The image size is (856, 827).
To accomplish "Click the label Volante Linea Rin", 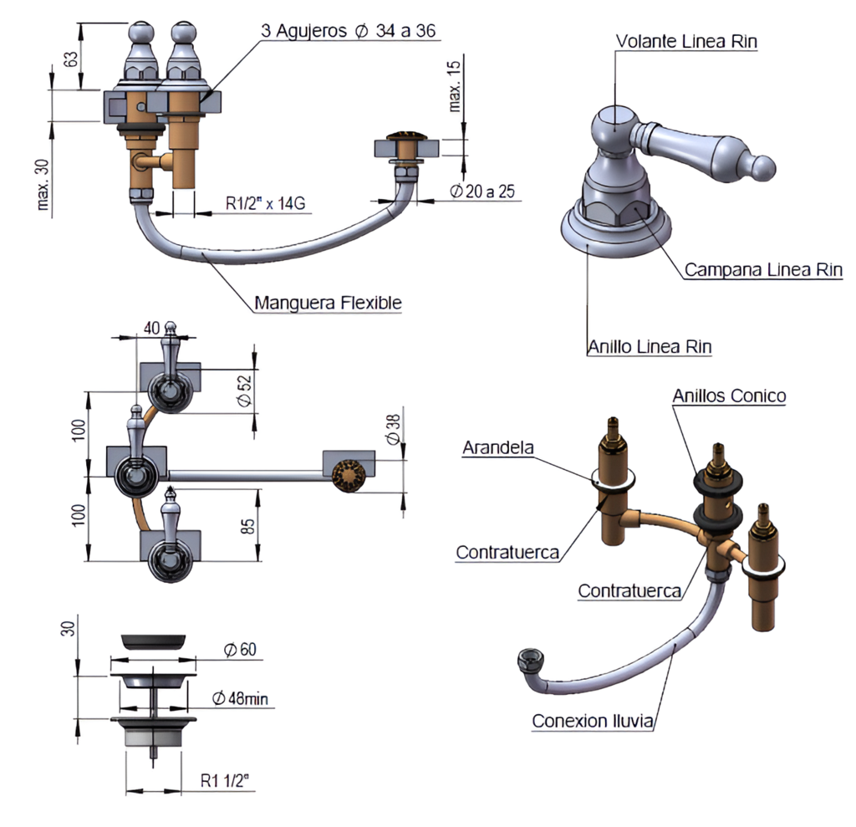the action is point(686,42).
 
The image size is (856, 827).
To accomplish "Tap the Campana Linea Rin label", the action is point(763,270).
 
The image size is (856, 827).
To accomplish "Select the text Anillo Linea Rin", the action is point(650,347).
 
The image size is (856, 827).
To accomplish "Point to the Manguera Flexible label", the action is point(328,303).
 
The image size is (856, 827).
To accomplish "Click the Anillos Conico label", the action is point(729,396).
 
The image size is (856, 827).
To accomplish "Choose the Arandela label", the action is point(498,448).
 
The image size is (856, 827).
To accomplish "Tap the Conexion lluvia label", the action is point(593,721).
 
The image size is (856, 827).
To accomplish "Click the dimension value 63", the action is point(71,59).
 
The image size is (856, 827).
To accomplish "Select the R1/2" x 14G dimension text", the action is point(265,204).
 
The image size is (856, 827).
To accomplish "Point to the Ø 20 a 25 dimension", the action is point(482,191).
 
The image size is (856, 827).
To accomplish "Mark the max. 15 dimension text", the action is point(454,86).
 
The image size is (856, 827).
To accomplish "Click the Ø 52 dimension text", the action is point(245,390).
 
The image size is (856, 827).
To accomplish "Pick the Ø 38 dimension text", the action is point(393,429).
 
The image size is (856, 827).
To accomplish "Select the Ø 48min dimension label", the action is point(240,698).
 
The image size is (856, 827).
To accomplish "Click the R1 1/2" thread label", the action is point(225,780).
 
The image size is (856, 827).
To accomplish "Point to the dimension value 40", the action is point(152,328).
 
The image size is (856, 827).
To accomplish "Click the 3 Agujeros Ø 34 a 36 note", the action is point(349,31).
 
